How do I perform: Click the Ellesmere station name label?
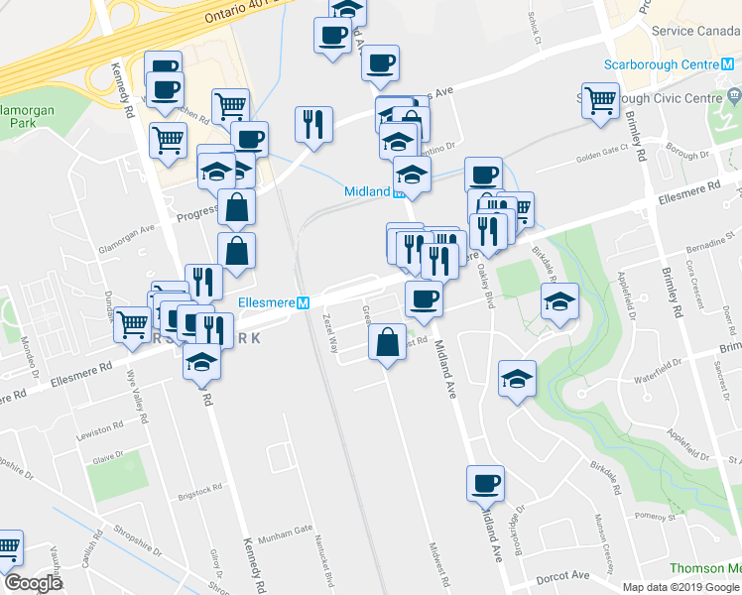click(x=267, y=303)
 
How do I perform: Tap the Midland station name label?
click(x=366, y=191)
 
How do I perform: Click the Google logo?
click(x=33, y=583)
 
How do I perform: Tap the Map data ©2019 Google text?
click(x=681, y=587)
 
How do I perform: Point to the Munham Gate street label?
click(x=285, y=539)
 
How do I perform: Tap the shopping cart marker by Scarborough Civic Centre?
click(x=600, y=100)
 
